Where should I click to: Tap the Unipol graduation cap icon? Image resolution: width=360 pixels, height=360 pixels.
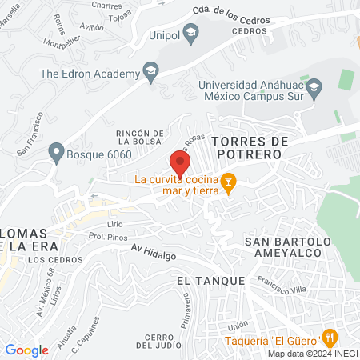[x=190, y=34]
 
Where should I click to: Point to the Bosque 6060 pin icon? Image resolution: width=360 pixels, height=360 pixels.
[x=56, y=150]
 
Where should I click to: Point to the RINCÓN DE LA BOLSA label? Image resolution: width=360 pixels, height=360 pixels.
[x=140, y=138]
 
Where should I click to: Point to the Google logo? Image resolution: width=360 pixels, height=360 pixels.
[x=26, y=350]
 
